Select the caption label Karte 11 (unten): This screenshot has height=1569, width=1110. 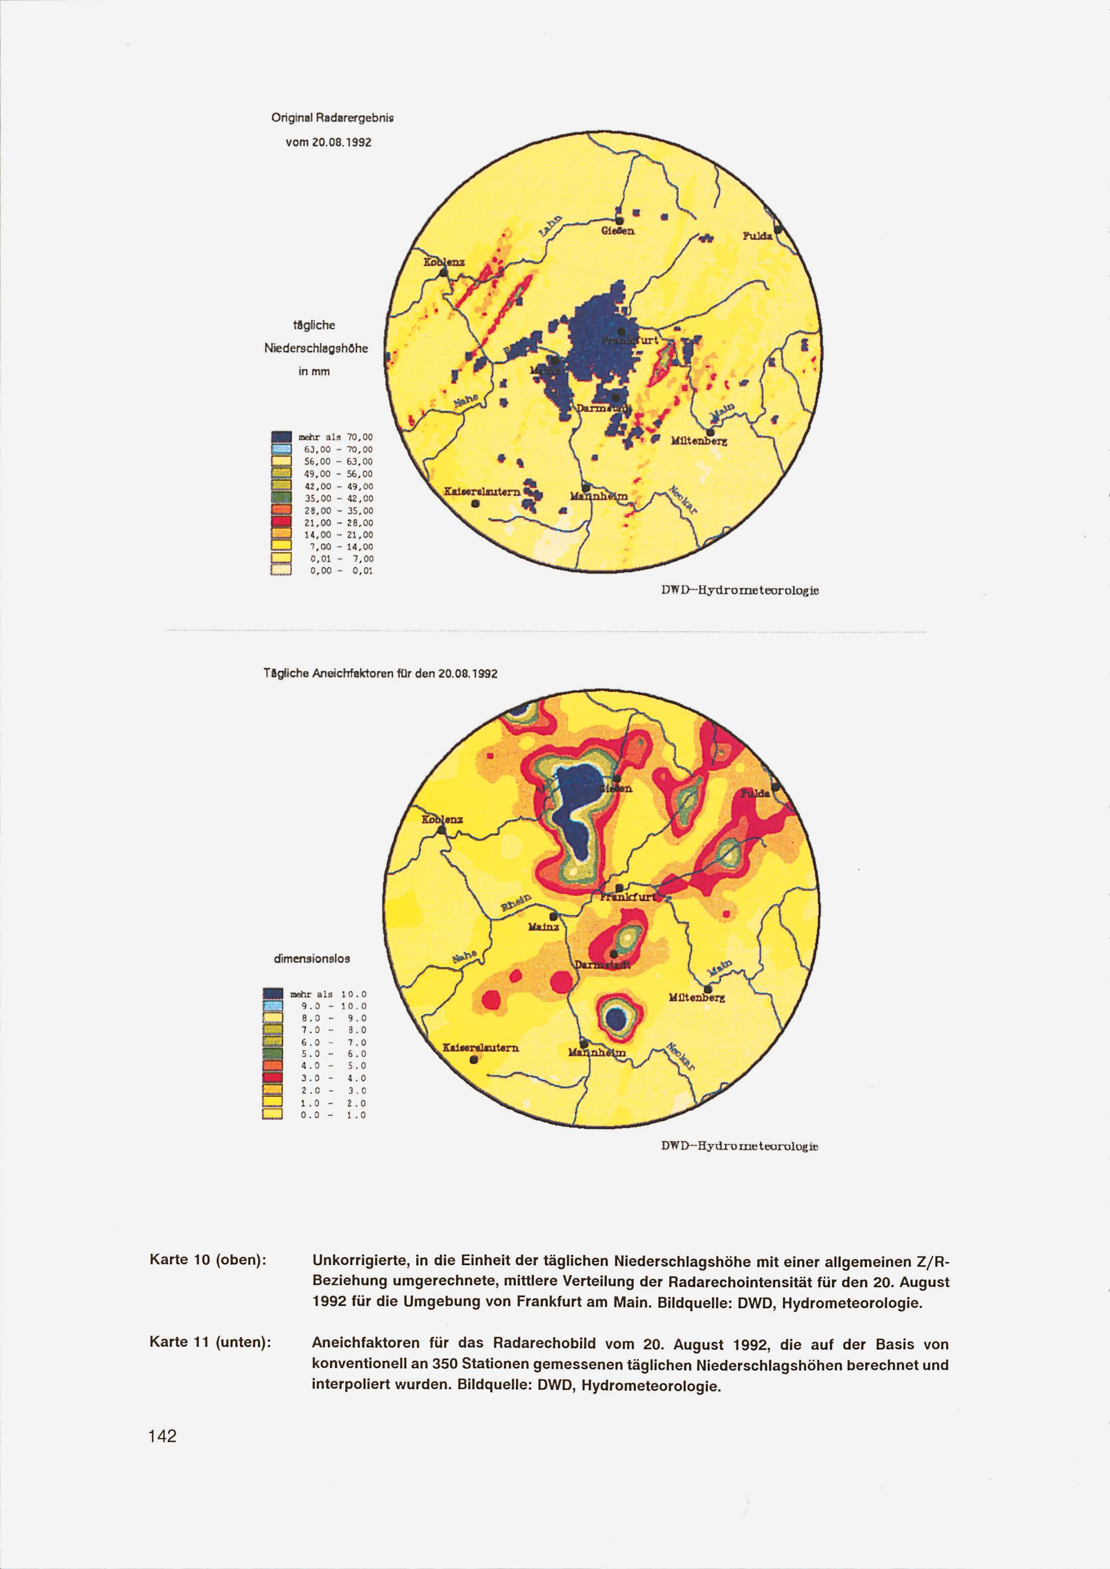(x=210, y=1342)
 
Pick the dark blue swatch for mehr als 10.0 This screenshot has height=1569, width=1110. (x=273, y=994)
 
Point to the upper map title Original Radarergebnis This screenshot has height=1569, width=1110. (x=333, y=118)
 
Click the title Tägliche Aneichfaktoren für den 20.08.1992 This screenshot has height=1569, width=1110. (x=381, y=673)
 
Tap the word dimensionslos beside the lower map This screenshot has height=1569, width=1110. (x=312, y=958)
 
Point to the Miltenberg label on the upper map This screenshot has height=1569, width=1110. (x=699, y=442)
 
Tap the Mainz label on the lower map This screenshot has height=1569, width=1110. (x=543, y=927)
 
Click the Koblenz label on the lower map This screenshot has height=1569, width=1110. (x=443, y=819)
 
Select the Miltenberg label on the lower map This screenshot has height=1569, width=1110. (x=697, y=999)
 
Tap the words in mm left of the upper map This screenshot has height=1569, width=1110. (x=315, y=371)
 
